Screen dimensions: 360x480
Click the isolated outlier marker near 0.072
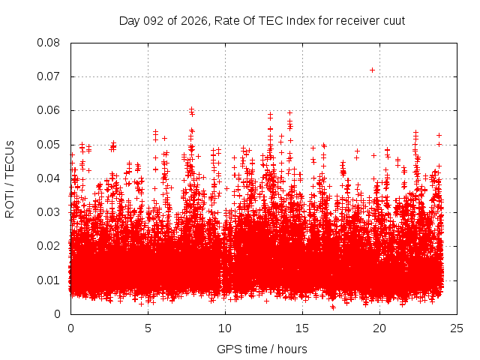pyautogui.click(x=372, y=70)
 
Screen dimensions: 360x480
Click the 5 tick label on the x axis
pyautogui.click(x=148, y=328)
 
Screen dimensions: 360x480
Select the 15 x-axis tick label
pyautogui.click(x=302, y=328)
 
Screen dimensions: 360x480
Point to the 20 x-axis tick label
pyautogui.click(x=379, y=328)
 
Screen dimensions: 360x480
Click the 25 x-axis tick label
pyautogui.click(x=457, y=328)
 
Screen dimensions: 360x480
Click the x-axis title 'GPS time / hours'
pyautogui.click(x=262, y=349)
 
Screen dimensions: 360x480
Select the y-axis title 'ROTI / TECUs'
pyautogui.click(x=10, y=178)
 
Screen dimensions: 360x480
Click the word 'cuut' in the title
pyautogui.click(x=394, y=21)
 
